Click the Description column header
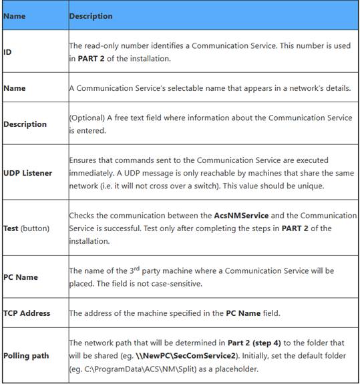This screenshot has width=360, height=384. point(91,15)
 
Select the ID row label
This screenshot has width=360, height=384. point(7,51)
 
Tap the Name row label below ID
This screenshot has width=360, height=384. point(15,87)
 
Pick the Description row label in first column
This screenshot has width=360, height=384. point(25,124)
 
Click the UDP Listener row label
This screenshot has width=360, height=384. point(27,173)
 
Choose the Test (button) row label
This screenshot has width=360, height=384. point(25,227)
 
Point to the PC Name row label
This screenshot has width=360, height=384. point(21,276)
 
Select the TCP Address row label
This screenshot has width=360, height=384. point(27,313)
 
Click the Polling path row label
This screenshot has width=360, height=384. point(26,355)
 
